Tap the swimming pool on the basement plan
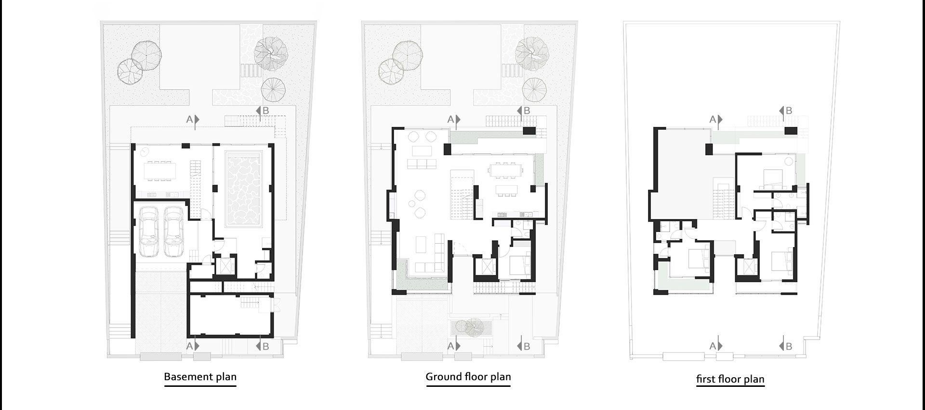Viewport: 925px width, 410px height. (244, 191)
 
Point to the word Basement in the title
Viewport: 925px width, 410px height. (185, 377)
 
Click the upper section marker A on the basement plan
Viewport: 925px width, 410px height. (193, 120)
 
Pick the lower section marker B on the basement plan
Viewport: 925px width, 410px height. (263, 346)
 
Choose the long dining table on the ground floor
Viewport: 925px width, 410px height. (505, 170)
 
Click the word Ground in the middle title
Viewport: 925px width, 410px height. (443, 377)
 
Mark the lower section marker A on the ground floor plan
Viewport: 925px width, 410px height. (453, 346)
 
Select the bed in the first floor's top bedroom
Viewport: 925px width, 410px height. (771, 178)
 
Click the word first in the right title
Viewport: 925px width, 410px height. (706, 379)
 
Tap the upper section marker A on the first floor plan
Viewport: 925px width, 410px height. (715, 120)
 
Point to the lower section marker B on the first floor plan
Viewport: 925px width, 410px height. (786, 346)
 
